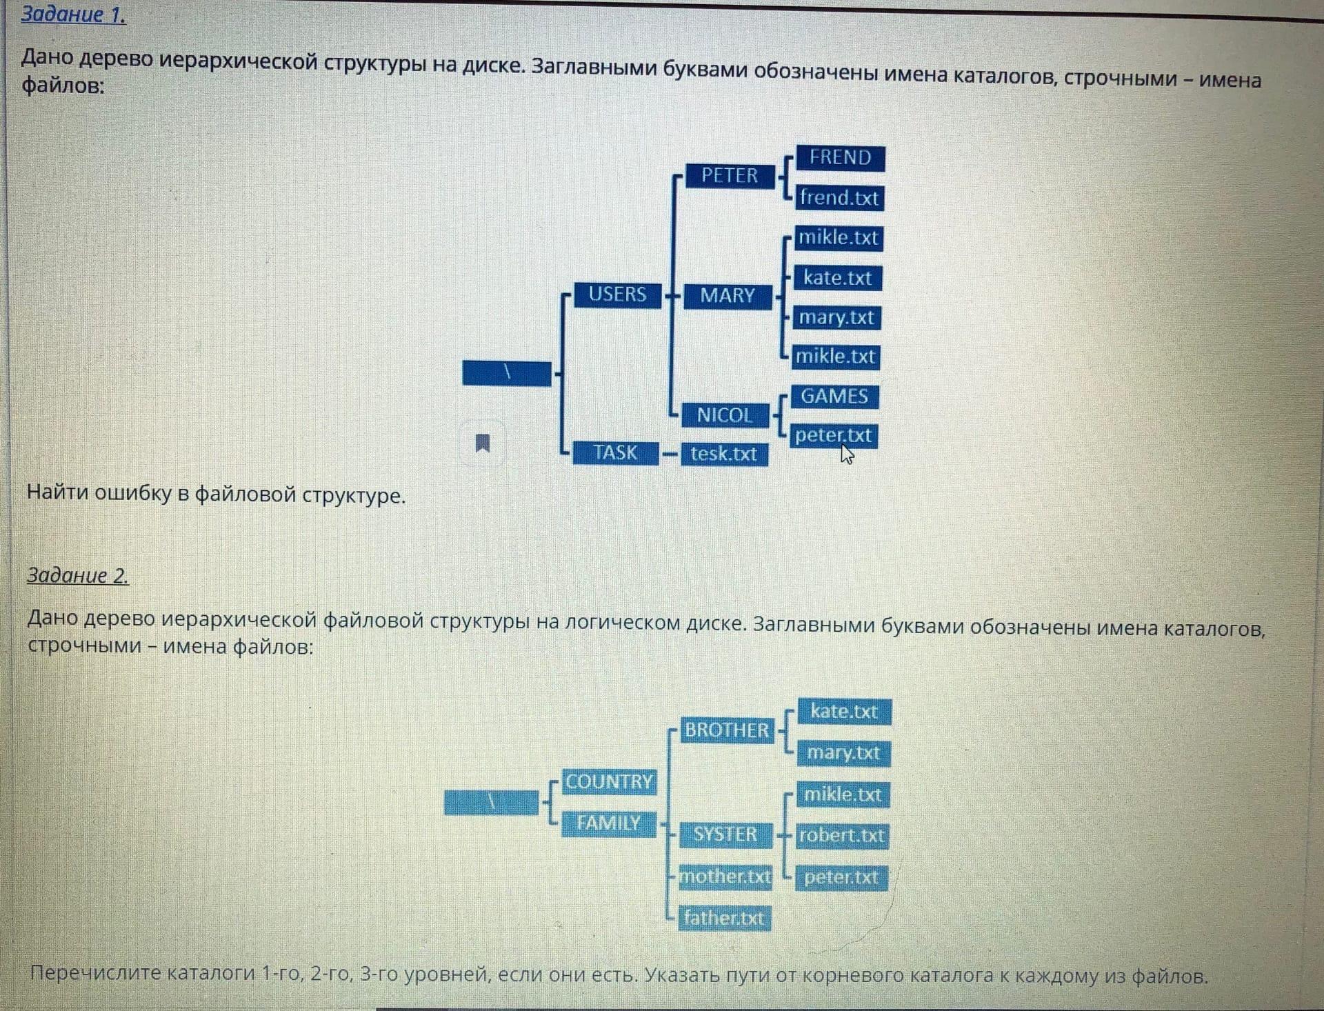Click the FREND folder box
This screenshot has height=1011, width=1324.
pyautogui.click(x=840, y=158)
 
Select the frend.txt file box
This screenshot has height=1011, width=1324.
pyautogui.click(x=839, y=198)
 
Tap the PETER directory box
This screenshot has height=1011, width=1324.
pyautogui.click(x=730, y=176)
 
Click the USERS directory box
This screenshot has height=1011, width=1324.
pyautogui.click(x=617, y=294)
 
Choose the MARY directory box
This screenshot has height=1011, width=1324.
pyautogui.click(x=728, y=296)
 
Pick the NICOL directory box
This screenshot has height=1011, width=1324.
pyautogui.click(x=724, y=415)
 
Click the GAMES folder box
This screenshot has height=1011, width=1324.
pyautogui.click(x=834, y=397)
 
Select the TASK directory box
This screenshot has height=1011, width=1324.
pyautogui.click(x=615, y=452)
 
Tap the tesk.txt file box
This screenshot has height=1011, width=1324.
pyautogui.click(x=724, y=454)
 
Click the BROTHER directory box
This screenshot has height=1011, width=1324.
pyautogui.click(x=726, y=730)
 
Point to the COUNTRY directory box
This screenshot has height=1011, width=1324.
pyautogui.click(x=608, y=782)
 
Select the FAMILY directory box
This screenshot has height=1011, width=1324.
pyautogui.click(x=608, y=823)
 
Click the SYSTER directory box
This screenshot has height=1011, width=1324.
pyautogui.click(x=725, y=834)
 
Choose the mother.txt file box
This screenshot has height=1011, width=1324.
pyautogui.click(x=725, y=877)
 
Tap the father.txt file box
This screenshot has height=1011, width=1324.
pyautogui.click(x=724, y=918)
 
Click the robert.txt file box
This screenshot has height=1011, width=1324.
pyautogui.click(x=841, y=836)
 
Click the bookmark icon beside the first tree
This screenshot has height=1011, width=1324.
pyautogui.click(x=483, y=443)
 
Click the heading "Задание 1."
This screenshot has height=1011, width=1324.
pyautogui.click(x=73, y=14)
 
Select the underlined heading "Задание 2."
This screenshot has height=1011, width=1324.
pyautogui.click(x=77, y=575)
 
